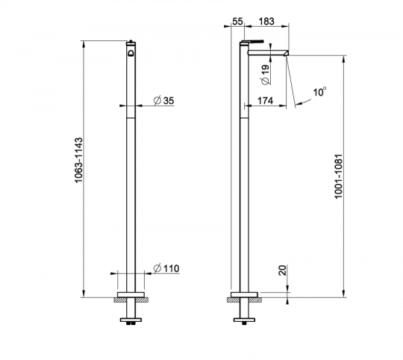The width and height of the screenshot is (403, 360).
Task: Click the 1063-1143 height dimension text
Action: click(79, 160)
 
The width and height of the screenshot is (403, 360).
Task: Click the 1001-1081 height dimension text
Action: click(339, 176)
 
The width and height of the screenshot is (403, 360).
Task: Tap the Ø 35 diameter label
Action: click(163, 101)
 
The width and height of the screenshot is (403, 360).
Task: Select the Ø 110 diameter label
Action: click(166, 268)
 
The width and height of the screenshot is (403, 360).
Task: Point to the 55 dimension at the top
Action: click(237, 22)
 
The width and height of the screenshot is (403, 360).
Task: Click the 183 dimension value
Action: click(266, 22)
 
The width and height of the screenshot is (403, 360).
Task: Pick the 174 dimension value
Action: click(265, 101)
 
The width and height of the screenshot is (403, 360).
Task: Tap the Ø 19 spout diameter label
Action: click(266, 75)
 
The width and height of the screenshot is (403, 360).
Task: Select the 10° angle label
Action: click(319, 92)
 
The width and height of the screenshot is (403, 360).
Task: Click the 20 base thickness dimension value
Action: click(282, 270)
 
